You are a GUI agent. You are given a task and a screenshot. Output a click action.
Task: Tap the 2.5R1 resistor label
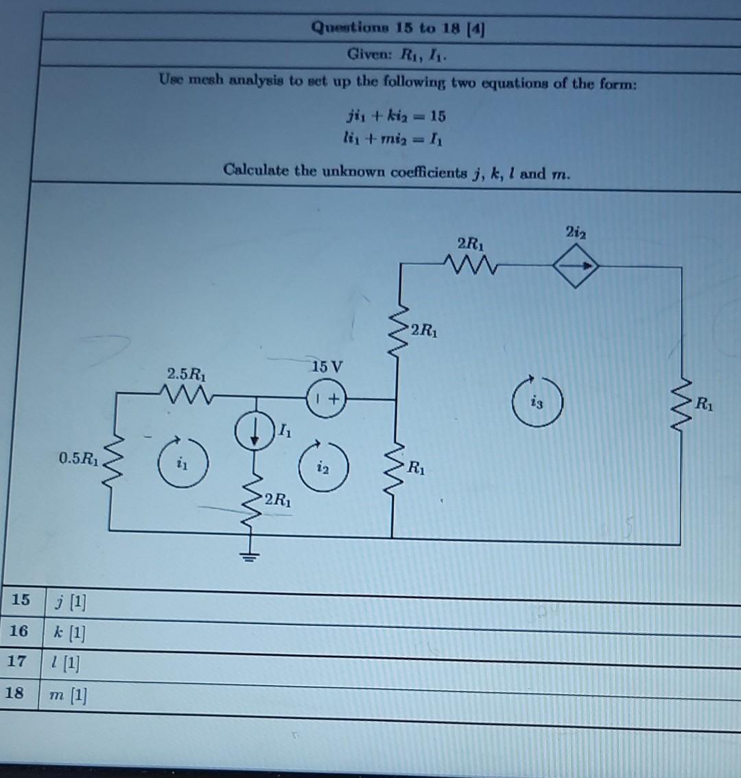186,375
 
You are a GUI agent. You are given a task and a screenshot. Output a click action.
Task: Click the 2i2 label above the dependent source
575,232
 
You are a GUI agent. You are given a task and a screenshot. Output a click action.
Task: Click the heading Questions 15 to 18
399,28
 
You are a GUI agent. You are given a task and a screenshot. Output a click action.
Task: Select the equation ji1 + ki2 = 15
396,115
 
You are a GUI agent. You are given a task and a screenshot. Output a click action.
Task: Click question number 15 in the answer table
21,599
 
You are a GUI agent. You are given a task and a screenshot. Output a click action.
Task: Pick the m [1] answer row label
68,696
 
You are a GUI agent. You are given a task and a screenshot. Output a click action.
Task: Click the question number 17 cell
16,661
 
